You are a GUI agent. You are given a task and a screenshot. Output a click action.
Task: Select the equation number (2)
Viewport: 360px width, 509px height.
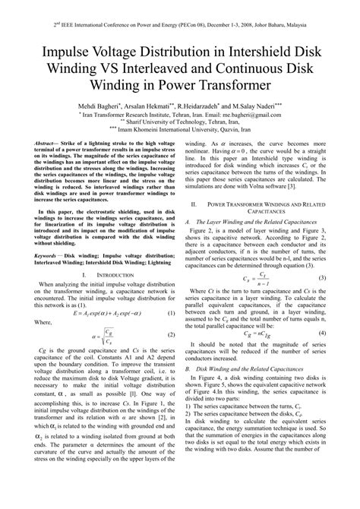click(172, 335)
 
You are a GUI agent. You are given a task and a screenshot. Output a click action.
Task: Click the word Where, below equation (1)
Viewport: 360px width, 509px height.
click(42, 322)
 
